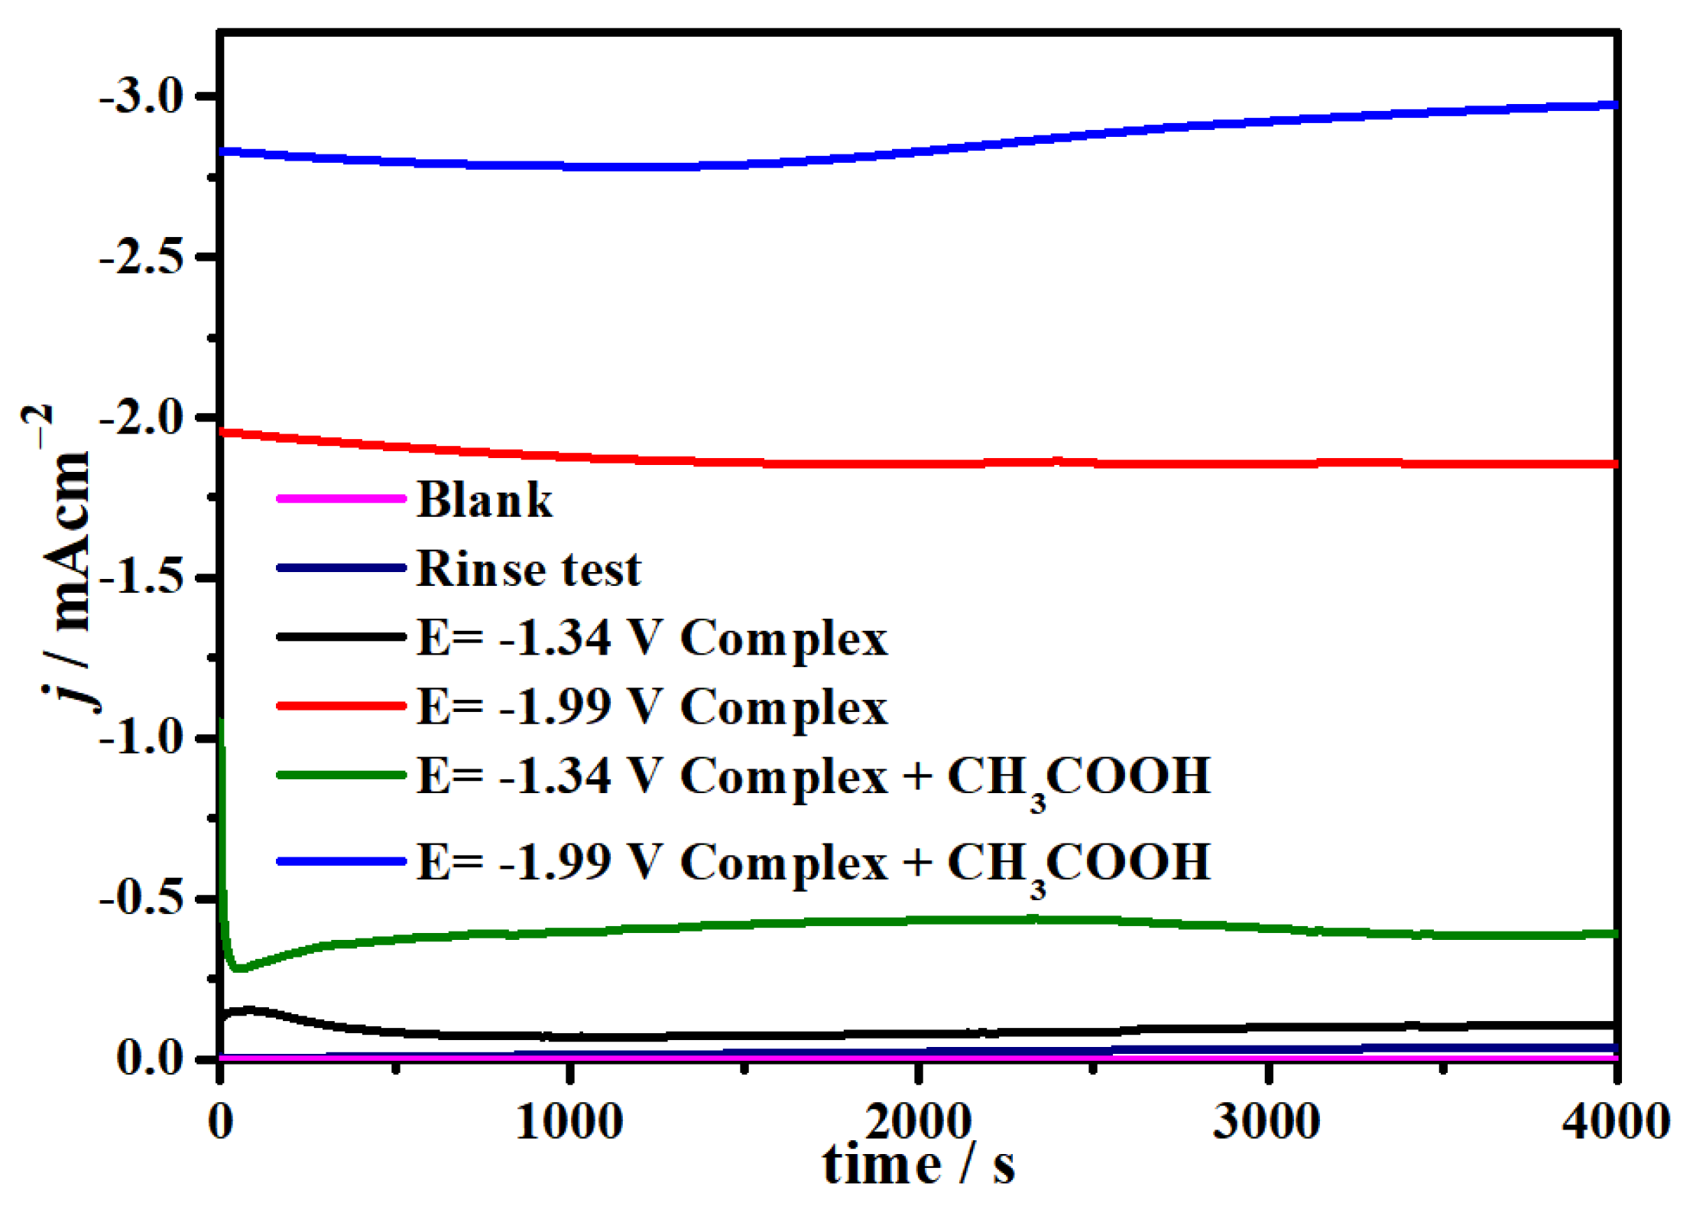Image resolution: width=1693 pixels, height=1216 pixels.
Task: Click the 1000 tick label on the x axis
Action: [569, 1123]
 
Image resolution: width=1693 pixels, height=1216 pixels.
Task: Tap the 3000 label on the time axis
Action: [1267, 1123]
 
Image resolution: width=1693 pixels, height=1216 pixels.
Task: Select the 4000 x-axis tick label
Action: [1615, 1123]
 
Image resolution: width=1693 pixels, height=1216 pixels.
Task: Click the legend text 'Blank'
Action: [485, 500]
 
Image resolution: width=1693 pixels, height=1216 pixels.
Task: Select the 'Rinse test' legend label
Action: [528, 569]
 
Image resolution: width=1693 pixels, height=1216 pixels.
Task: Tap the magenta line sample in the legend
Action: [341, 499]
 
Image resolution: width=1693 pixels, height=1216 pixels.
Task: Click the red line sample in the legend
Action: [341, 705]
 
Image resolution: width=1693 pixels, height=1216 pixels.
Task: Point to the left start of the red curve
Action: [223, 432]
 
